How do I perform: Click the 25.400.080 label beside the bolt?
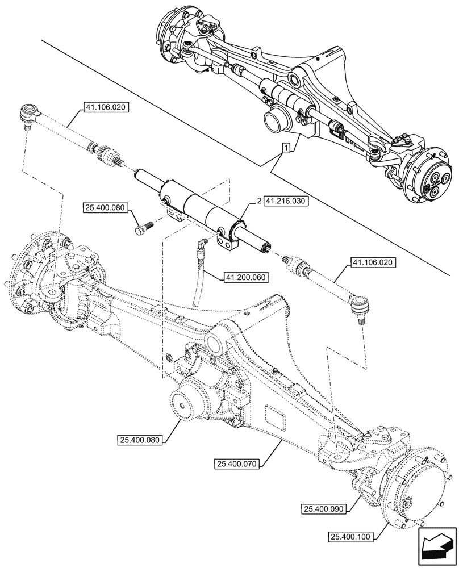tap(106, 208)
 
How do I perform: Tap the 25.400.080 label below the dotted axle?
tap(141, 439)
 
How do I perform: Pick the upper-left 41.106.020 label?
tap(106, 106)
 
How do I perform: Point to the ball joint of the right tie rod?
tap(358, 307)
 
